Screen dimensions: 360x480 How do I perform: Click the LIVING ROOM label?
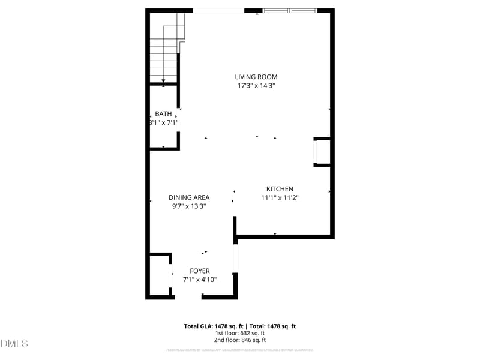(x=256, y=77)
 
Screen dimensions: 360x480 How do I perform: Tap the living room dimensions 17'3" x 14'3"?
(x=256, y=86)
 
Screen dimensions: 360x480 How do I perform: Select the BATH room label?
(x=163, y=114)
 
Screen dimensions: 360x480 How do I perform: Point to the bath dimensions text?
(x=164, y=122)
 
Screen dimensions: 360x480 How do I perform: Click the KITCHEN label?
(x=280, y=189)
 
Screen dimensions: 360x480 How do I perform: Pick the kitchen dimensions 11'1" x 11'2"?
(x=280, y=197)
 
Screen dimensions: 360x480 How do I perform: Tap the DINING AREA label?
(x=189, y=197)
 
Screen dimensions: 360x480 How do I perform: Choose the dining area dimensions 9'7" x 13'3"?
(x=189, y=206)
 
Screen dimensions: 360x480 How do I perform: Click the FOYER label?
(x=200, y=271)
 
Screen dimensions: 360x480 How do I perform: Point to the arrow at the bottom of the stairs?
(x=163, y=80)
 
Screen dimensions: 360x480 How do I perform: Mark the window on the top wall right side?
(x=289, y=10)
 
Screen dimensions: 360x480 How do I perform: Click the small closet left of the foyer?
(x=160, y=275)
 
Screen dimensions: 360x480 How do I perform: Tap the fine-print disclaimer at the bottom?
(x=239, y=350)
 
